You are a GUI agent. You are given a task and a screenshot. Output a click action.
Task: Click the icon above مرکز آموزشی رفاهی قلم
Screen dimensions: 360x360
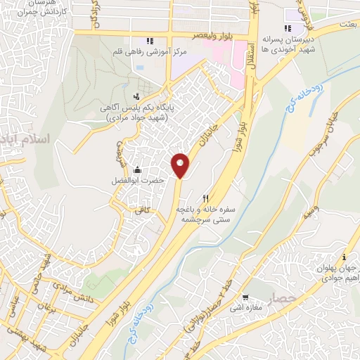coord(149,40)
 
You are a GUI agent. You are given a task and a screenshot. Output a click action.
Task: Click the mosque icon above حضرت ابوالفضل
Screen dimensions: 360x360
coord(136,169)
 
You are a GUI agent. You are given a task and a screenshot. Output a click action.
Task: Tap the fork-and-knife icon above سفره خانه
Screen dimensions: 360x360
coord(205,198)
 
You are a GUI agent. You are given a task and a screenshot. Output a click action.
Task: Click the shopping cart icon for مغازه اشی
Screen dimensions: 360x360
coord(245,297)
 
